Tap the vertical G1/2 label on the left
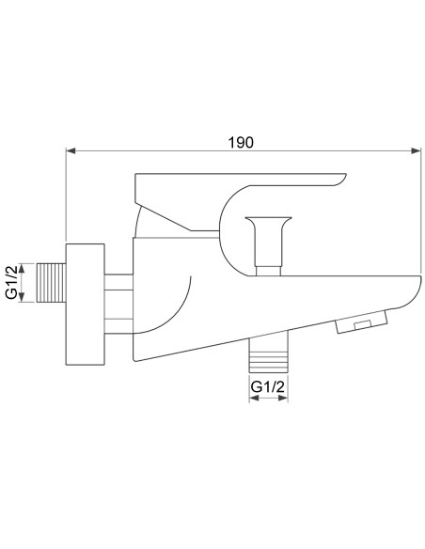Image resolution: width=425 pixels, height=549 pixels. [x=12, y=282]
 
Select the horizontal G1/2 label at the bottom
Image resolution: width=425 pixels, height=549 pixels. [x=267, y=386]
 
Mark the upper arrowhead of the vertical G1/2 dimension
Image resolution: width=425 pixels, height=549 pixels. [x=33, y=264]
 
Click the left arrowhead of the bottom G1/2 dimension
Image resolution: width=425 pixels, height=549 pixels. [x=252, y=400]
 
